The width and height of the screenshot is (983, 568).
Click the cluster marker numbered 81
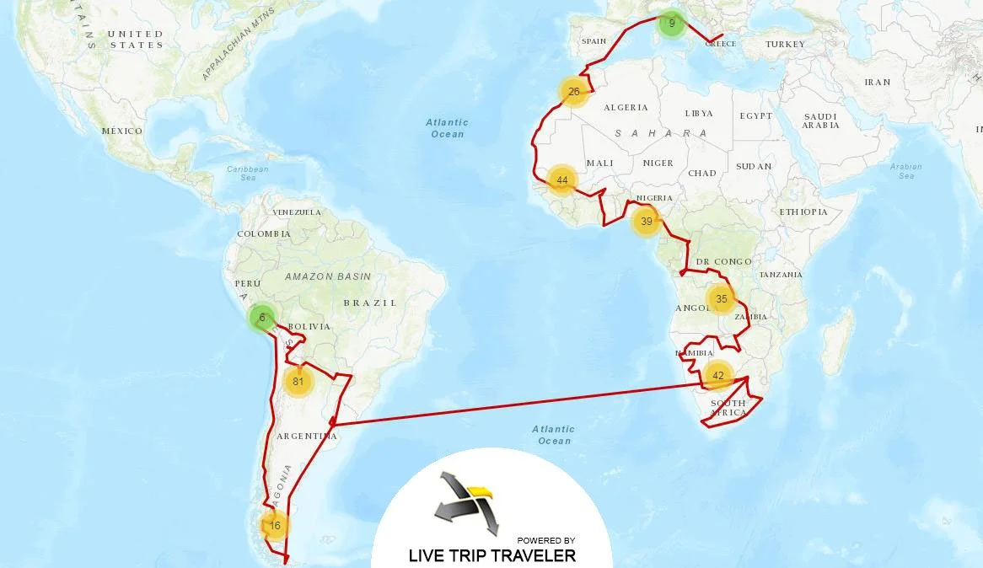pyautogui.click(x=298, y=381)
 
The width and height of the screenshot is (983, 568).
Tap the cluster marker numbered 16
pyautogui.click(x=275, y=525)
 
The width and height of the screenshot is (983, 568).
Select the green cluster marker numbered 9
pyautogui.click(x=672, y=24)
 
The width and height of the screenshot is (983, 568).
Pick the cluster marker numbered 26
pyautogui.click(x=573, y=91)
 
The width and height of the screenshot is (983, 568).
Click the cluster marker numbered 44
pyautogui.click(x=561, y=180)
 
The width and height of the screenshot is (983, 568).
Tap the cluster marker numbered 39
pyautogui.click(x=647, y=222)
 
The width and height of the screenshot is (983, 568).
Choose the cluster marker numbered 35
pyautogui.click(x=721, y=298)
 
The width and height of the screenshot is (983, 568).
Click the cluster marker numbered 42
pyautogui.click(x=718, y=375)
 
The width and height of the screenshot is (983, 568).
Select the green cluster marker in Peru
pyautogui.click(x=262, y=318)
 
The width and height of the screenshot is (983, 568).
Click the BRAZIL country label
pyautogui.click(x=370, y=303)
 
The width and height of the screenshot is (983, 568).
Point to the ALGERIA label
pyautogui.click(x=626, y=108)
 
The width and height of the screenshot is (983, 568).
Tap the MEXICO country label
pyautogui.click(x=122, y=131)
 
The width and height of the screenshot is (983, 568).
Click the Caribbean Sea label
pyautogui.click(x=248, y=174)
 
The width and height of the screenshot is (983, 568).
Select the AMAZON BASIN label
pyautogui.click(x=328, y=276)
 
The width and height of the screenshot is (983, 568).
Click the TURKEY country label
pyautogui.click(x=785, y=44)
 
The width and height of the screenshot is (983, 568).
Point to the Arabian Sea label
pyautogui.click(x=906, y=171)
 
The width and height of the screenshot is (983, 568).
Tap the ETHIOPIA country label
pyautogui.click(x=803, y=212)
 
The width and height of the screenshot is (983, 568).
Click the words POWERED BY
pyautogui.click(x=546, y=540)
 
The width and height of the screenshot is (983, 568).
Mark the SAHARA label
pyautogui.click(x=660, y=134)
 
